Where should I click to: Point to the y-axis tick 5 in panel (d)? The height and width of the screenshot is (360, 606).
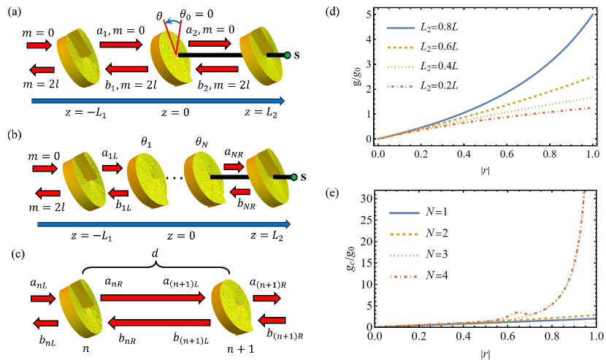pyautogui.click(x=369, y=14)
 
